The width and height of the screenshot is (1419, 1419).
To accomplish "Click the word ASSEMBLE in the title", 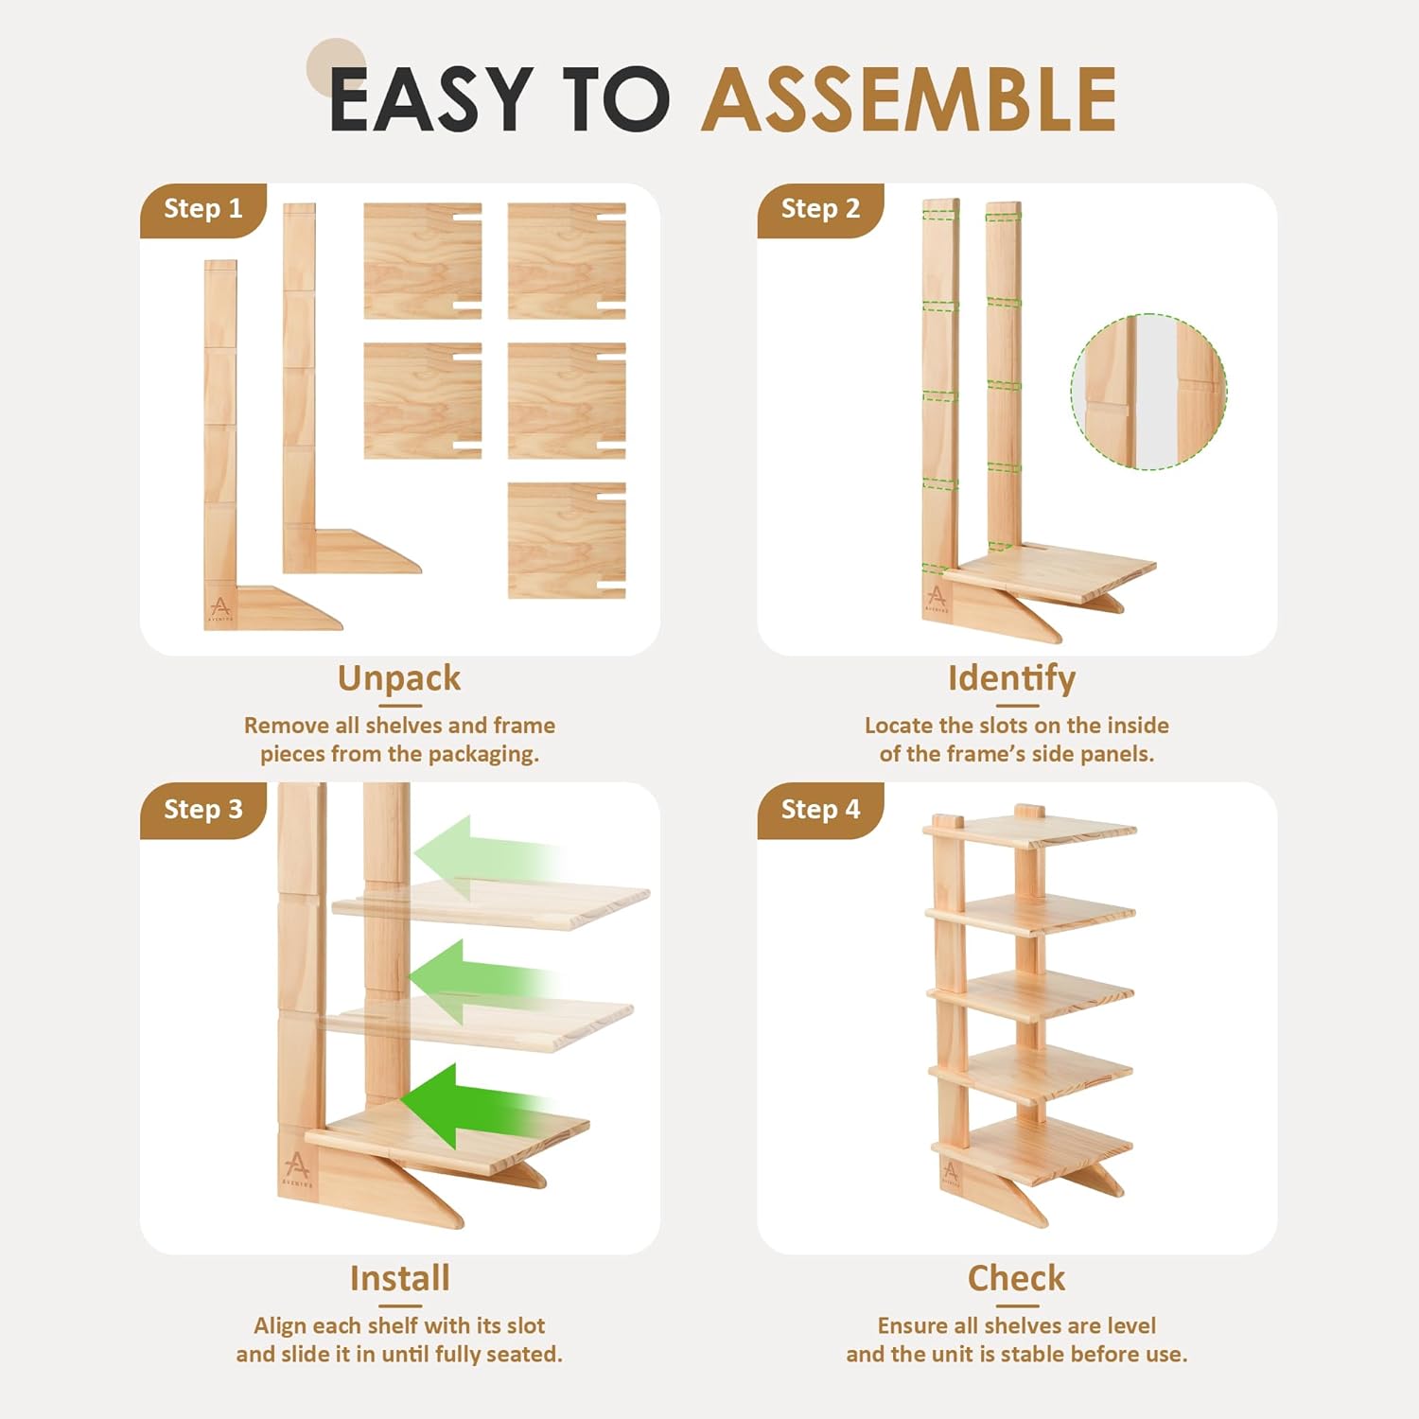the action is [909, 98].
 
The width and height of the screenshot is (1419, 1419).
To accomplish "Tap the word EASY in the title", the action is [431, 98].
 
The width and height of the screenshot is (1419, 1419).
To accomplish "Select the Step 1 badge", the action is [203, 209].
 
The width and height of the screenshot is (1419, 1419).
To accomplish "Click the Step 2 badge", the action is [820, 209].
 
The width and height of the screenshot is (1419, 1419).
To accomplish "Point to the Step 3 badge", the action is [203, 810].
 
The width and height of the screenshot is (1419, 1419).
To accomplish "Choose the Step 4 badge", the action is [820, 810].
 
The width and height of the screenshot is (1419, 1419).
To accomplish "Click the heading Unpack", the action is [399, 679].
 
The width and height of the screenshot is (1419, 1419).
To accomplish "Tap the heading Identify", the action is [1011, 679].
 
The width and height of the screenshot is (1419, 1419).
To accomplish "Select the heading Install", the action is [399, 1278].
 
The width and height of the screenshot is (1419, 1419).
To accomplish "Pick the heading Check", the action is [1016, 1278].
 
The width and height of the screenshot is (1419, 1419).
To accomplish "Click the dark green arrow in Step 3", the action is [473, 1105].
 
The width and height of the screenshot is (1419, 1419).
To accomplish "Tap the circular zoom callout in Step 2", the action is [1148, 392].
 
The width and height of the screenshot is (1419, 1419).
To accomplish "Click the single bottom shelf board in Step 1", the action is [567, 540].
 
